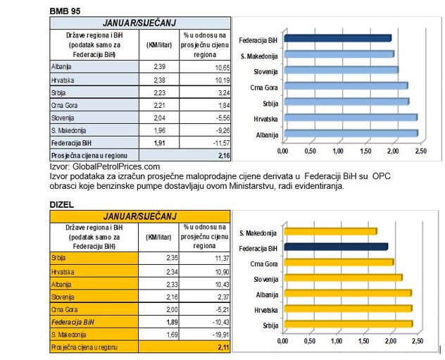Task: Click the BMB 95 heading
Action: tap(65, 11)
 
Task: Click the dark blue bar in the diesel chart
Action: tap(335, 247)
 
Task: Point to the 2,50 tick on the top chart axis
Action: tap(420, 151)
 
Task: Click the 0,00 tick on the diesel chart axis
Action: tap(282, 341)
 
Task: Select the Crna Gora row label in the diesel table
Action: tap(64, 309)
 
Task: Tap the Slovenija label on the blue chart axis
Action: tap(265, 70)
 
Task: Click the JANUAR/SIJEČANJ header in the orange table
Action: tap(140, 215)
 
